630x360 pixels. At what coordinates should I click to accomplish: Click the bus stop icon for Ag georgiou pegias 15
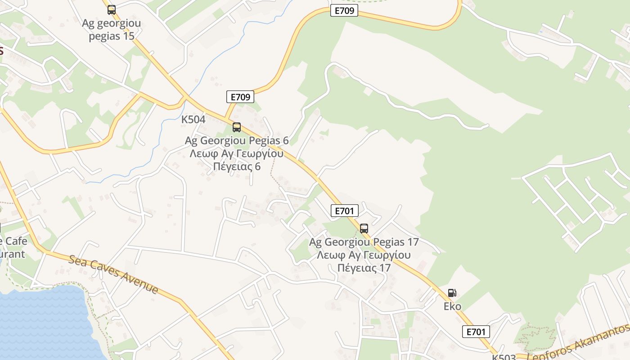pos(111,9)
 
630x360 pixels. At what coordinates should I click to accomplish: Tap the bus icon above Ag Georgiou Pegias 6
pos(237,127)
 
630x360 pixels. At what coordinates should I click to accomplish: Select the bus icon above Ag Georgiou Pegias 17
pos(364,228)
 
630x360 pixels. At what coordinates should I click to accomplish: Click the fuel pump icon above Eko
pos(452,293)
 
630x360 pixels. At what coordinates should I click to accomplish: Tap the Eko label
pos(452,306)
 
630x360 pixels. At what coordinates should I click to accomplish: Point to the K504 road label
pos(193,120)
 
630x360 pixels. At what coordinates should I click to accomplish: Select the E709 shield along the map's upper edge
pos(344,11)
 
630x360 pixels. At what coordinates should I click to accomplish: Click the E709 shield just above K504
pos(240,97)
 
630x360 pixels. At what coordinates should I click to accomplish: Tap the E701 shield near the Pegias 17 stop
pos(344,210)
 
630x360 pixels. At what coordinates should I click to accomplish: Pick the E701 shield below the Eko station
pos(476,332)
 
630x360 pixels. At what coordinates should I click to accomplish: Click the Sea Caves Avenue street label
pos(113,274)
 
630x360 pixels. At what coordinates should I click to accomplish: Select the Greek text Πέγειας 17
pos(364,268)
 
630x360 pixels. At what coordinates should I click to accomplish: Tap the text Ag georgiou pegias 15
pos(111,30)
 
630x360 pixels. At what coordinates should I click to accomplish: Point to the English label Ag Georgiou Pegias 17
pos(364,242)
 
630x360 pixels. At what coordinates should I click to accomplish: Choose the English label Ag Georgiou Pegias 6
pos(237,140)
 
